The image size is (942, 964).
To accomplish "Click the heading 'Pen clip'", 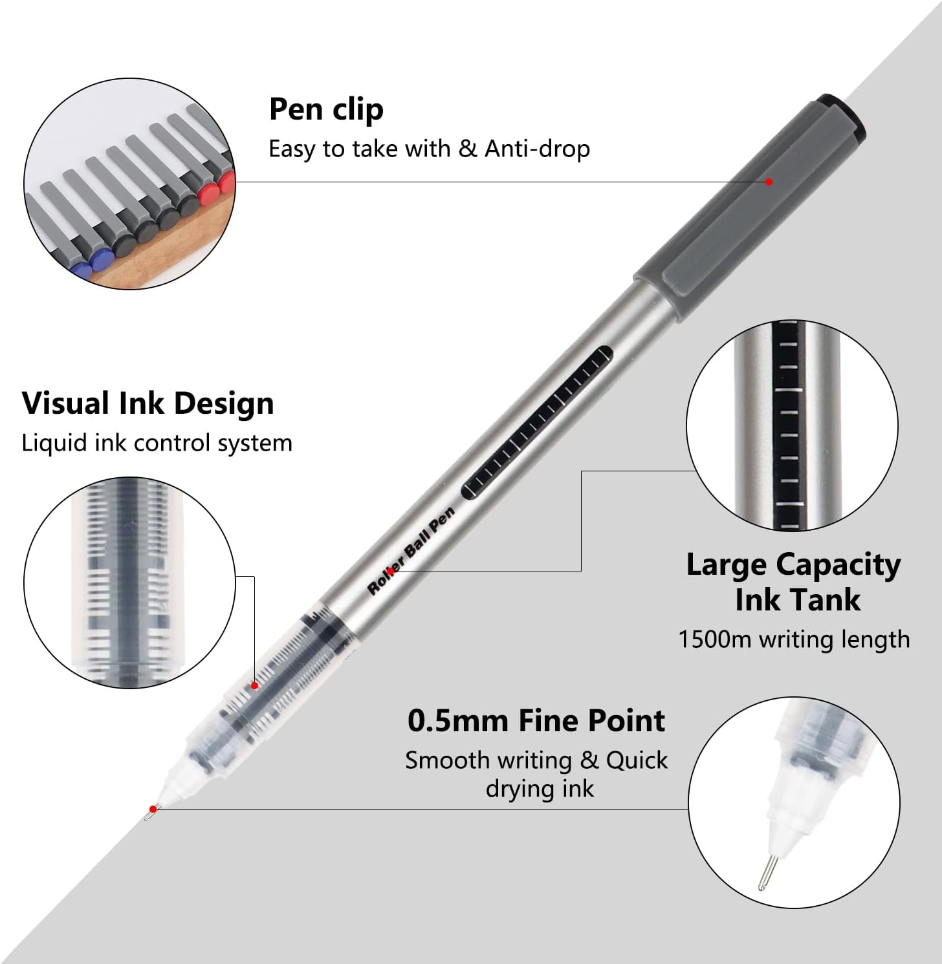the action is coord(326,110).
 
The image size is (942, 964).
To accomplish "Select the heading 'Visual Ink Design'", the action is coord(148,403).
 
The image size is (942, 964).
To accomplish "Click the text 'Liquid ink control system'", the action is coord(157,443).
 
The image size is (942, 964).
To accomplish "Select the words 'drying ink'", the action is coord(540,789).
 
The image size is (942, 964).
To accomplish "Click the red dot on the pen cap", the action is coord(769,182).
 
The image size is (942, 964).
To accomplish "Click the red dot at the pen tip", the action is coord(153,809).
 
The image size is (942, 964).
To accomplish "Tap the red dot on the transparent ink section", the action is coord(255,685).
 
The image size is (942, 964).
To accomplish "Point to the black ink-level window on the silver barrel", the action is coord(538,423).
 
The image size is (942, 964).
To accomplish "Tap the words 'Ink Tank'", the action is coord(798,600).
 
